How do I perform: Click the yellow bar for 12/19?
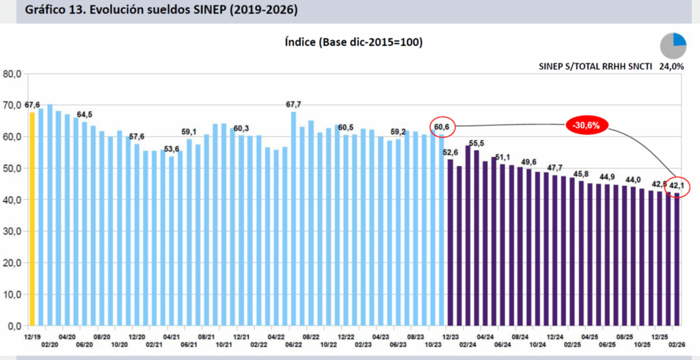tap(32, 219)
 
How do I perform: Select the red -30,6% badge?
tap(586, 126)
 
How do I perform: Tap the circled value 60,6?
tap(441, 127)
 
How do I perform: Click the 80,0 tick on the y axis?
tap(12, 74)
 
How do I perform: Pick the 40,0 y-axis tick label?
tap(12, 199)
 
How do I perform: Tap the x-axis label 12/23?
tap(450, 337)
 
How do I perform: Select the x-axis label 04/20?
tap(67, 337)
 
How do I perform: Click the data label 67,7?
tap(294, 105)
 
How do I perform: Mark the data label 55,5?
tap(477, 143)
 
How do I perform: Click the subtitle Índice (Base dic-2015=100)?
tap(353, 42)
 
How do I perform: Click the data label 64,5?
tap(84, 114)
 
